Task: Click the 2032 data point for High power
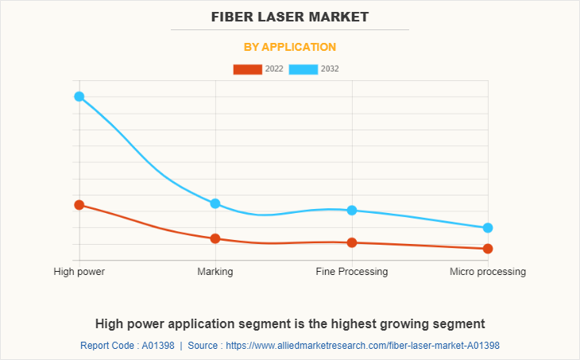point(79,97)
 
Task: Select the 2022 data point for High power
point(79,205)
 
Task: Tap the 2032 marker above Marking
point(215,203)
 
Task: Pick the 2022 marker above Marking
point(215,238)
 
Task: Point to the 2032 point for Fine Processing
point(352,210)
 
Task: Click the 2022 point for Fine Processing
point(352,242)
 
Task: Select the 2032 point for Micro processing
point(488,228)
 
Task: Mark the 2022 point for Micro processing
point(488,249)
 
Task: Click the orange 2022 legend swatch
point(247,69)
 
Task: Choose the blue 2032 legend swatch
point(304,69)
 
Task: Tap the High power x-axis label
point(79,272)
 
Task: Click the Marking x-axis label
point(215,272)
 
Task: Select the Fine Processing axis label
point(352,272)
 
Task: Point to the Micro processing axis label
point(488,272)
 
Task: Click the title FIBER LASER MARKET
point(290,16)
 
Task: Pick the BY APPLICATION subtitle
point(290,47)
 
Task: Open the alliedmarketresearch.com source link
point(362,346)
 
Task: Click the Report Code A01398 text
point(127,346)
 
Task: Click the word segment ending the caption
point(460,323)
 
